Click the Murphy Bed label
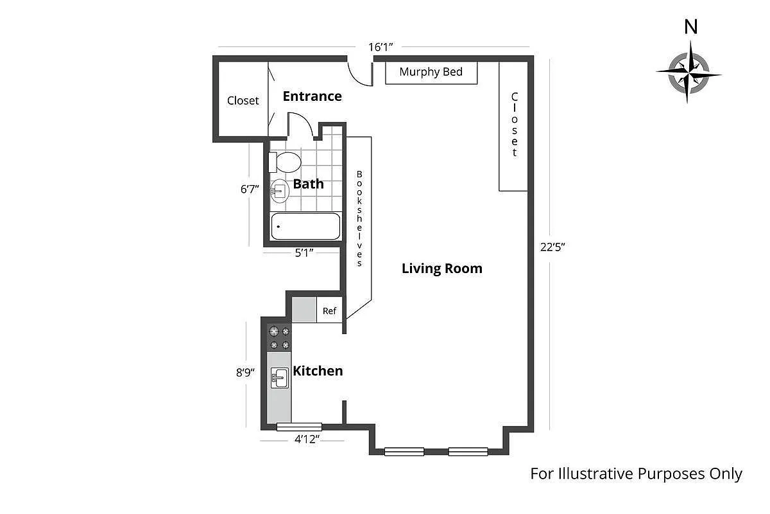(431, 72)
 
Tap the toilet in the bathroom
(285, 162)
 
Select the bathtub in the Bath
(305, 226)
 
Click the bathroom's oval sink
(280, 191)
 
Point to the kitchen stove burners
(279, 338)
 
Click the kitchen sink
(280, 378)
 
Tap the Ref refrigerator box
(329, 310)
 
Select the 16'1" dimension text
(381, 47)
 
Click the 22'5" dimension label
(552, 247)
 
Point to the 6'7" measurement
(250, 189)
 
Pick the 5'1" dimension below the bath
(304, 253)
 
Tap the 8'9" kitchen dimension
(245, 372)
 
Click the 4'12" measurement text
(307, 439)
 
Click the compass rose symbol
(689, 73)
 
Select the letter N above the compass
(691, 27)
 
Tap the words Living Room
(442, 268)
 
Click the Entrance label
(312, 96)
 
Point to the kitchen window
(299, 427)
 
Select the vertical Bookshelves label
(359, 218)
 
